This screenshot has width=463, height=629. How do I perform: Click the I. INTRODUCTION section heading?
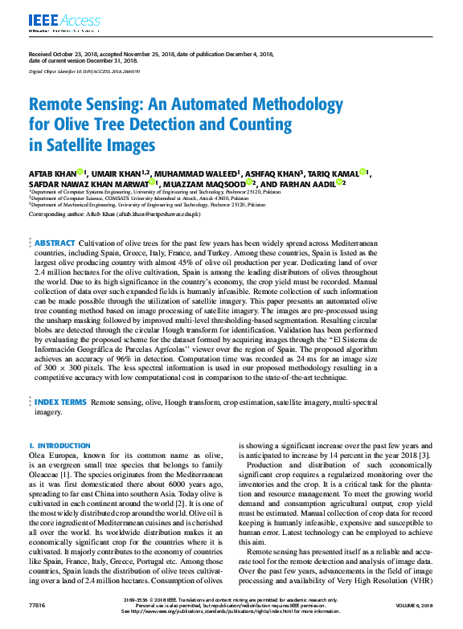59,444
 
